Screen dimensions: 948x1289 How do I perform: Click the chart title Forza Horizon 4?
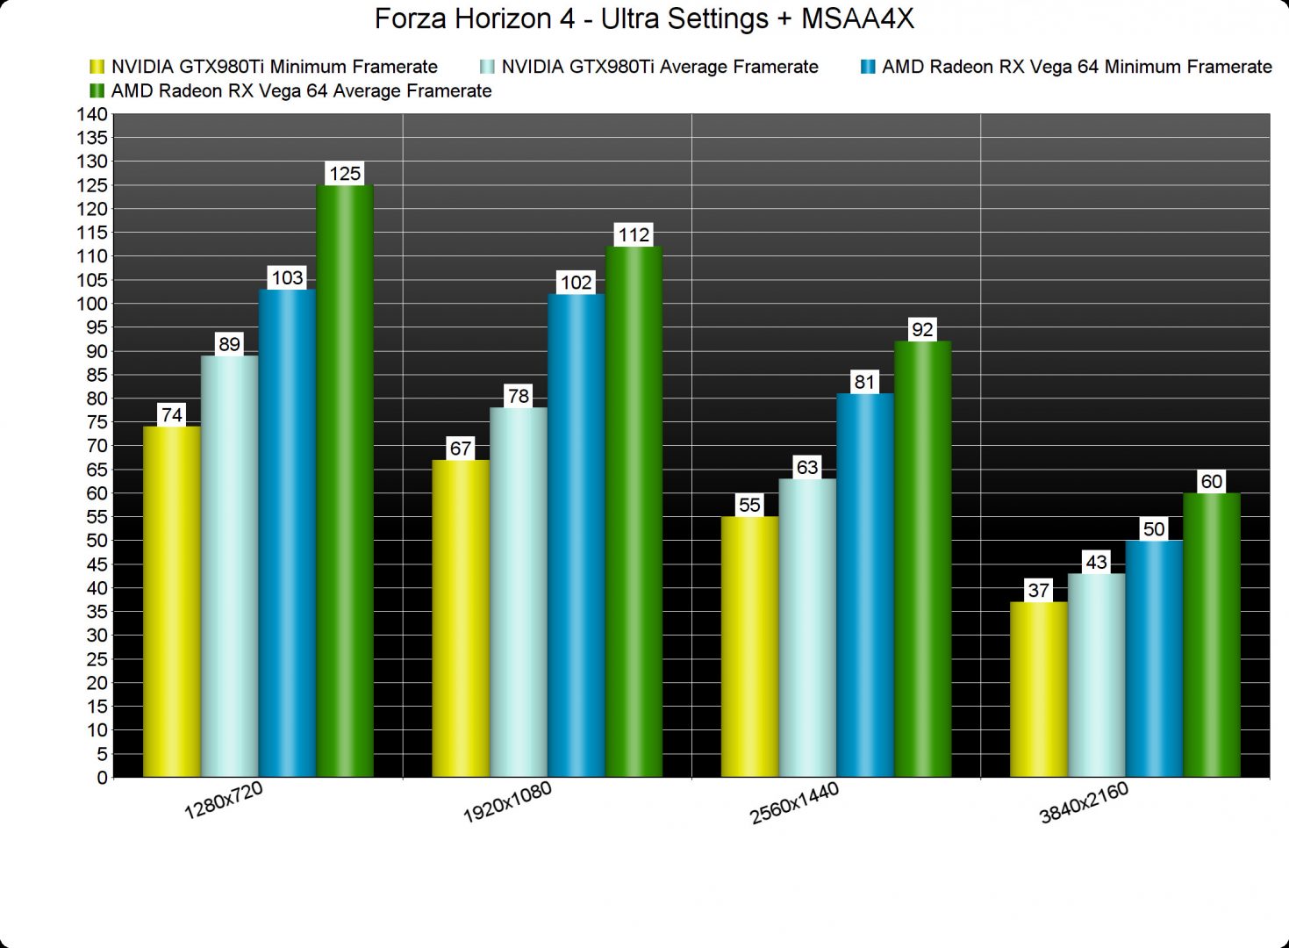[644, 18]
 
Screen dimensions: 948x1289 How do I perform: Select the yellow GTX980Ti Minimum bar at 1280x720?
[172, 601]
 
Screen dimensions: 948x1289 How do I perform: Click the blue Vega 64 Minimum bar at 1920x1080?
[576, 535]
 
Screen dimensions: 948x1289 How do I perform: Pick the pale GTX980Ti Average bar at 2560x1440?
[807, 628]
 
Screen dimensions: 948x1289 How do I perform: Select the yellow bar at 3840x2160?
[1039, 689]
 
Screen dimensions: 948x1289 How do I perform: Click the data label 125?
[345, 174]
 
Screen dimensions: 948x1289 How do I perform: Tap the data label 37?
[1039, 591]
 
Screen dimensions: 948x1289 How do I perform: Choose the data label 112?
[634, 235]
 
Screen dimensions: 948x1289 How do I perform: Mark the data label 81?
[865, 382]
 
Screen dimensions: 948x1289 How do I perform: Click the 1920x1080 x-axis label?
[507, 802]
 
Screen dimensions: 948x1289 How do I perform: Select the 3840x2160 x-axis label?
[1084, 803]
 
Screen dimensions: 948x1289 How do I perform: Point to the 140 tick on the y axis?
[92, 114]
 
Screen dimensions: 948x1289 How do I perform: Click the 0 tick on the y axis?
[102, 778]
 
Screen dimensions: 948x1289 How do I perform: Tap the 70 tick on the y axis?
[97, 446]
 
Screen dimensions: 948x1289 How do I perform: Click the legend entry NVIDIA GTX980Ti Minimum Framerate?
[274, 67]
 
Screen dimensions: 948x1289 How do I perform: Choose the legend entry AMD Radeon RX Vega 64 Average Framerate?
[301, 91]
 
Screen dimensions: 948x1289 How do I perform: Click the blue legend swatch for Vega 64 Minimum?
[868, 67]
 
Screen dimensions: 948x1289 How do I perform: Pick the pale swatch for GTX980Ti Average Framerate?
[488, 67]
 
